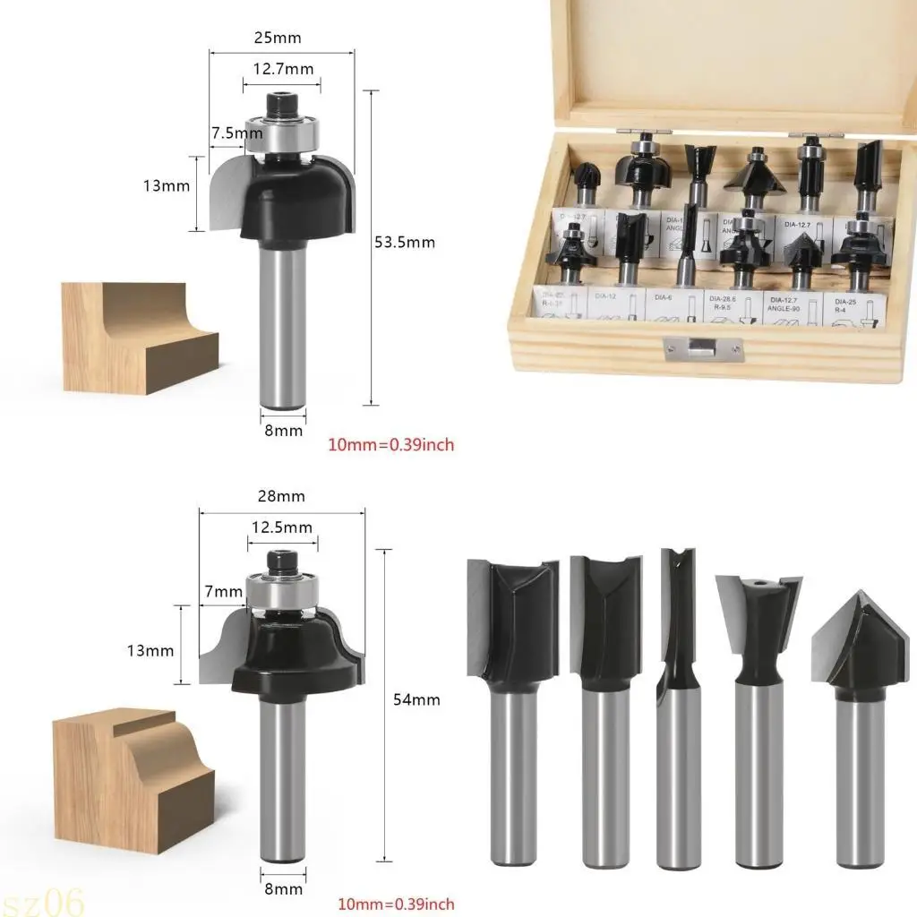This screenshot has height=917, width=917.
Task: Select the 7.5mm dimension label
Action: (236, 133)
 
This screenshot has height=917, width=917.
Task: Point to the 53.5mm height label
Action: (405, 242)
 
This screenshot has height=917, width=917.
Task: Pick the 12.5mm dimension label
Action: (282, 527)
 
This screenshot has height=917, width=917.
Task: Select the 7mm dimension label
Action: (224, 591)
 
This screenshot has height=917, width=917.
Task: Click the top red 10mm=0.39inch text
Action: (390, 444)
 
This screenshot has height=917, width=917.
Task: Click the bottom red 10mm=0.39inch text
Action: (397, 904)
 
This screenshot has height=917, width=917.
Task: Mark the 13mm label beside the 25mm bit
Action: (166, 186)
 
